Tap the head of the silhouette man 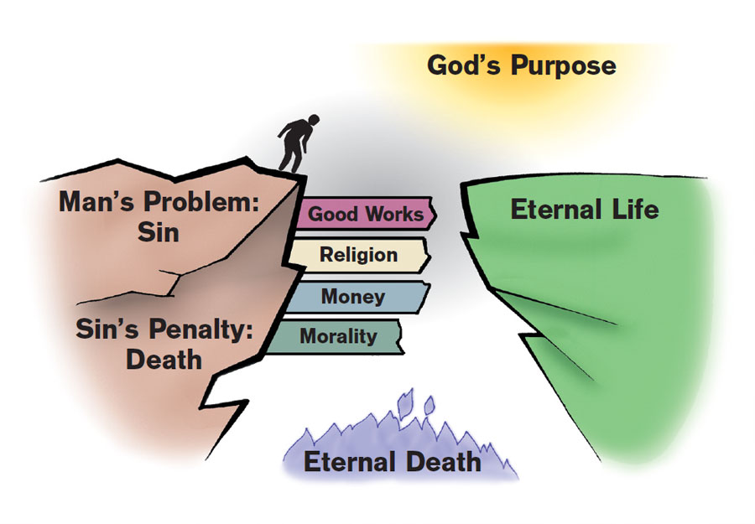click(x=289, y=119)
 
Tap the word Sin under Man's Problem click(x=159, y=232)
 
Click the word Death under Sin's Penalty click(x=164, y=360)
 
